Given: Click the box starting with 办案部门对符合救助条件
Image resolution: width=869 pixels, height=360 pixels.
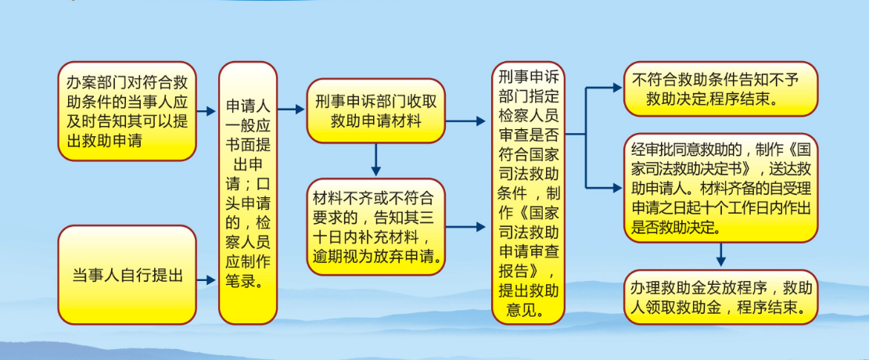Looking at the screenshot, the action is (127, 111).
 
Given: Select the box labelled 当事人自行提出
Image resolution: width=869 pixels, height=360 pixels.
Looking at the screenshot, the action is (127, 275).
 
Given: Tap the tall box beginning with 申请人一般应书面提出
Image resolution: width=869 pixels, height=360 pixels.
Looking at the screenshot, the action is (248, 193).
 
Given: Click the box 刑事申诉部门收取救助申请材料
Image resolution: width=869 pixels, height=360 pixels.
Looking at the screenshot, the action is (375, 110).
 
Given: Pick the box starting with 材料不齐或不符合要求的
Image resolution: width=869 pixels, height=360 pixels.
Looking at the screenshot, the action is (375, 226).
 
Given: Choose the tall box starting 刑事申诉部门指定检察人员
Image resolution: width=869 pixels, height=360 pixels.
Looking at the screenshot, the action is (528, 193).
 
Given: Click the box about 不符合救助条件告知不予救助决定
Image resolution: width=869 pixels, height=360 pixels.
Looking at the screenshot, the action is (720, 88).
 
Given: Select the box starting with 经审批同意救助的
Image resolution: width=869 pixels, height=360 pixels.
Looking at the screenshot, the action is (720, 188).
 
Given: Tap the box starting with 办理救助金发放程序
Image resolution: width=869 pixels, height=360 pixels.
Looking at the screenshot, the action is (720, 297).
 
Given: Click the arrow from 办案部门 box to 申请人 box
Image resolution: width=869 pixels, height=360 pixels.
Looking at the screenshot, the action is (206, 111).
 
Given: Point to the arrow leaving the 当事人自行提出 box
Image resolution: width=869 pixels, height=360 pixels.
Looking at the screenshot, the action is (206, 280).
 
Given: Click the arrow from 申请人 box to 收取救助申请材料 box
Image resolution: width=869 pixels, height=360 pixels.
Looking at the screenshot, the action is (291, 110).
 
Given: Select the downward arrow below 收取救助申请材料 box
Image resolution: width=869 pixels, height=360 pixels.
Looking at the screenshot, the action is (375, 160).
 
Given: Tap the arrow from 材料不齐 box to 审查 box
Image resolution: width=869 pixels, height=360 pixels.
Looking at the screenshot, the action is (465, 226).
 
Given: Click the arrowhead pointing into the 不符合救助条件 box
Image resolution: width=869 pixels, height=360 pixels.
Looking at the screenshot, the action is (617, 88).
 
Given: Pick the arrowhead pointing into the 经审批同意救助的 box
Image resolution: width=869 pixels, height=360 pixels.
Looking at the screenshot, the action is (617, 188).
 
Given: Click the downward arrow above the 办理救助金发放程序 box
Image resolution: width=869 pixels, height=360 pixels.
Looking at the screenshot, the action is (720, 254).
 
